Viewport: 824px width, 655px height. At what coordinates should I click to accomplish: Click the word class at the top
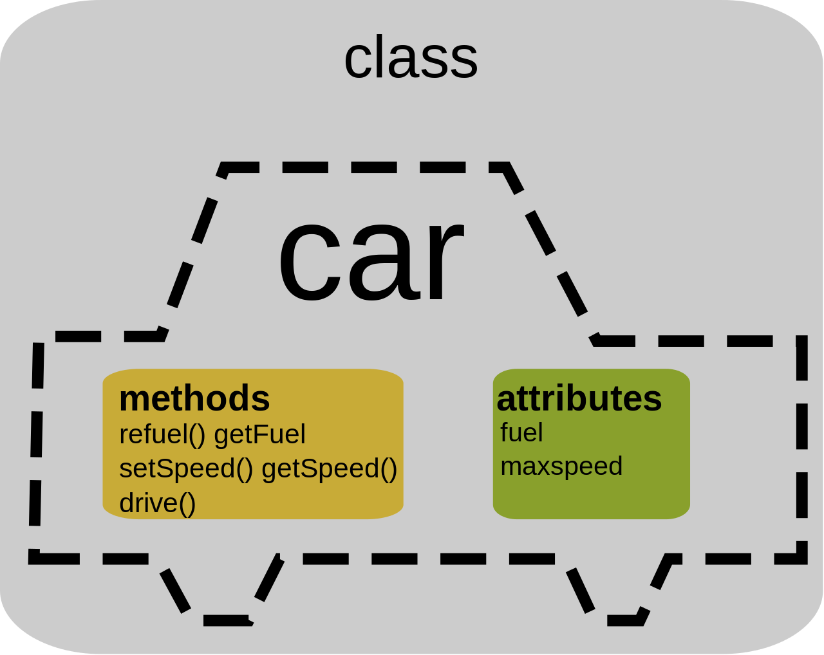[411, 58]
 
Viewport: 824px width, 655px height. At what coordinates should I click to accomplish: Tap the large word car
[371, 259]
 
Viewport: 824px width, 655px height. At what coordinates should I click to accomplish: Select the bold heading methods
[194, 398]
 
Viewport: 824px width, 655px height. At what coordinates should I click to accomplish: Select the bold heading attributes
[579, 398]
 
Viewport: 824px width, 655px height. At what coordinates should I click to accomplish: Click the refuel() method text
[162, 435]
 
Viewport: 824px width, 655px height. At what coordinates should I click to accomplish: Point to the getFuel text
[259, 435]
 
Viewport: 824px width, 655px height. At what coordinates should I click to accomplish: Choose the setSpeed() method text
[186, 468]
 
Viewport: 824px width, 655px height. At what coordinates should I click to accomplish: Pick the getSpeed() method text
[329, 468]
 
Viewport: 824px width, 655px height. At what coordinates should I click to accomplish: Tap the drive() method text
[157, 503]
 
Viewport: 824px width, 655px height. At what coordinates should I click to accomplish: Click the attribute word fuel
[521, 432]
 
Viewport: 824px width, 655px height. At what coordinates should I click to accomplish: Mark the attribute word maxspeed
[561, 466]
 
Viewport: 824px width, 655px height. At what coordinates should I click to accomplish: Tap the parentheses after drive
[187, 503]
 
